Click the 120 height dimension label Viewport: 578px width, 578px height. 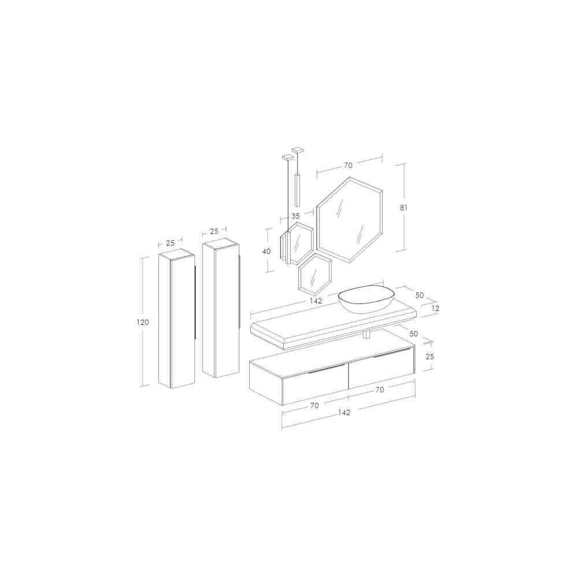pyautogui.click(x=143, y=322)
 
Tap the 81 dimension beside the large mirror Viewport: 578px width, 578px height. pyautogui.click(x=403, y=208)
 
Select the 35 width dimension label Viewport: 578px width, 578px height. pyautogui.click(x=295, y=216)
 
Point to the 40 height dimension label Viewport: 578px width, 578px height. pyautogui.click(x=266, y=251)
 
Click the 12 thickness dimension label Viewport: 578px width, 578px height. pyautogui.click(x=435, y=308)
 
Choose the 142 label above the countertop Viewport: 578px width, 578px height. pyautogui.click(x=316, y=301)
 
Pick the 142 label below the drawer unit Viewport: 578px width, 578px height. pyautogui.click(x=344, y=413)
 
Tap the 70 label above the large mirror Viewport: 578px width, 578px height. pyautogui.click(x=348, y=165)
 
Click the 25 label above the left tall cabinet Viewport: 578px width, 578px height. pyautogui.click(x=171, y=243)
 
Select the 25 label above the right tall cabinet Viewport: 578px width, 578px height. pyautogui.click(x=214, y=232)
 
